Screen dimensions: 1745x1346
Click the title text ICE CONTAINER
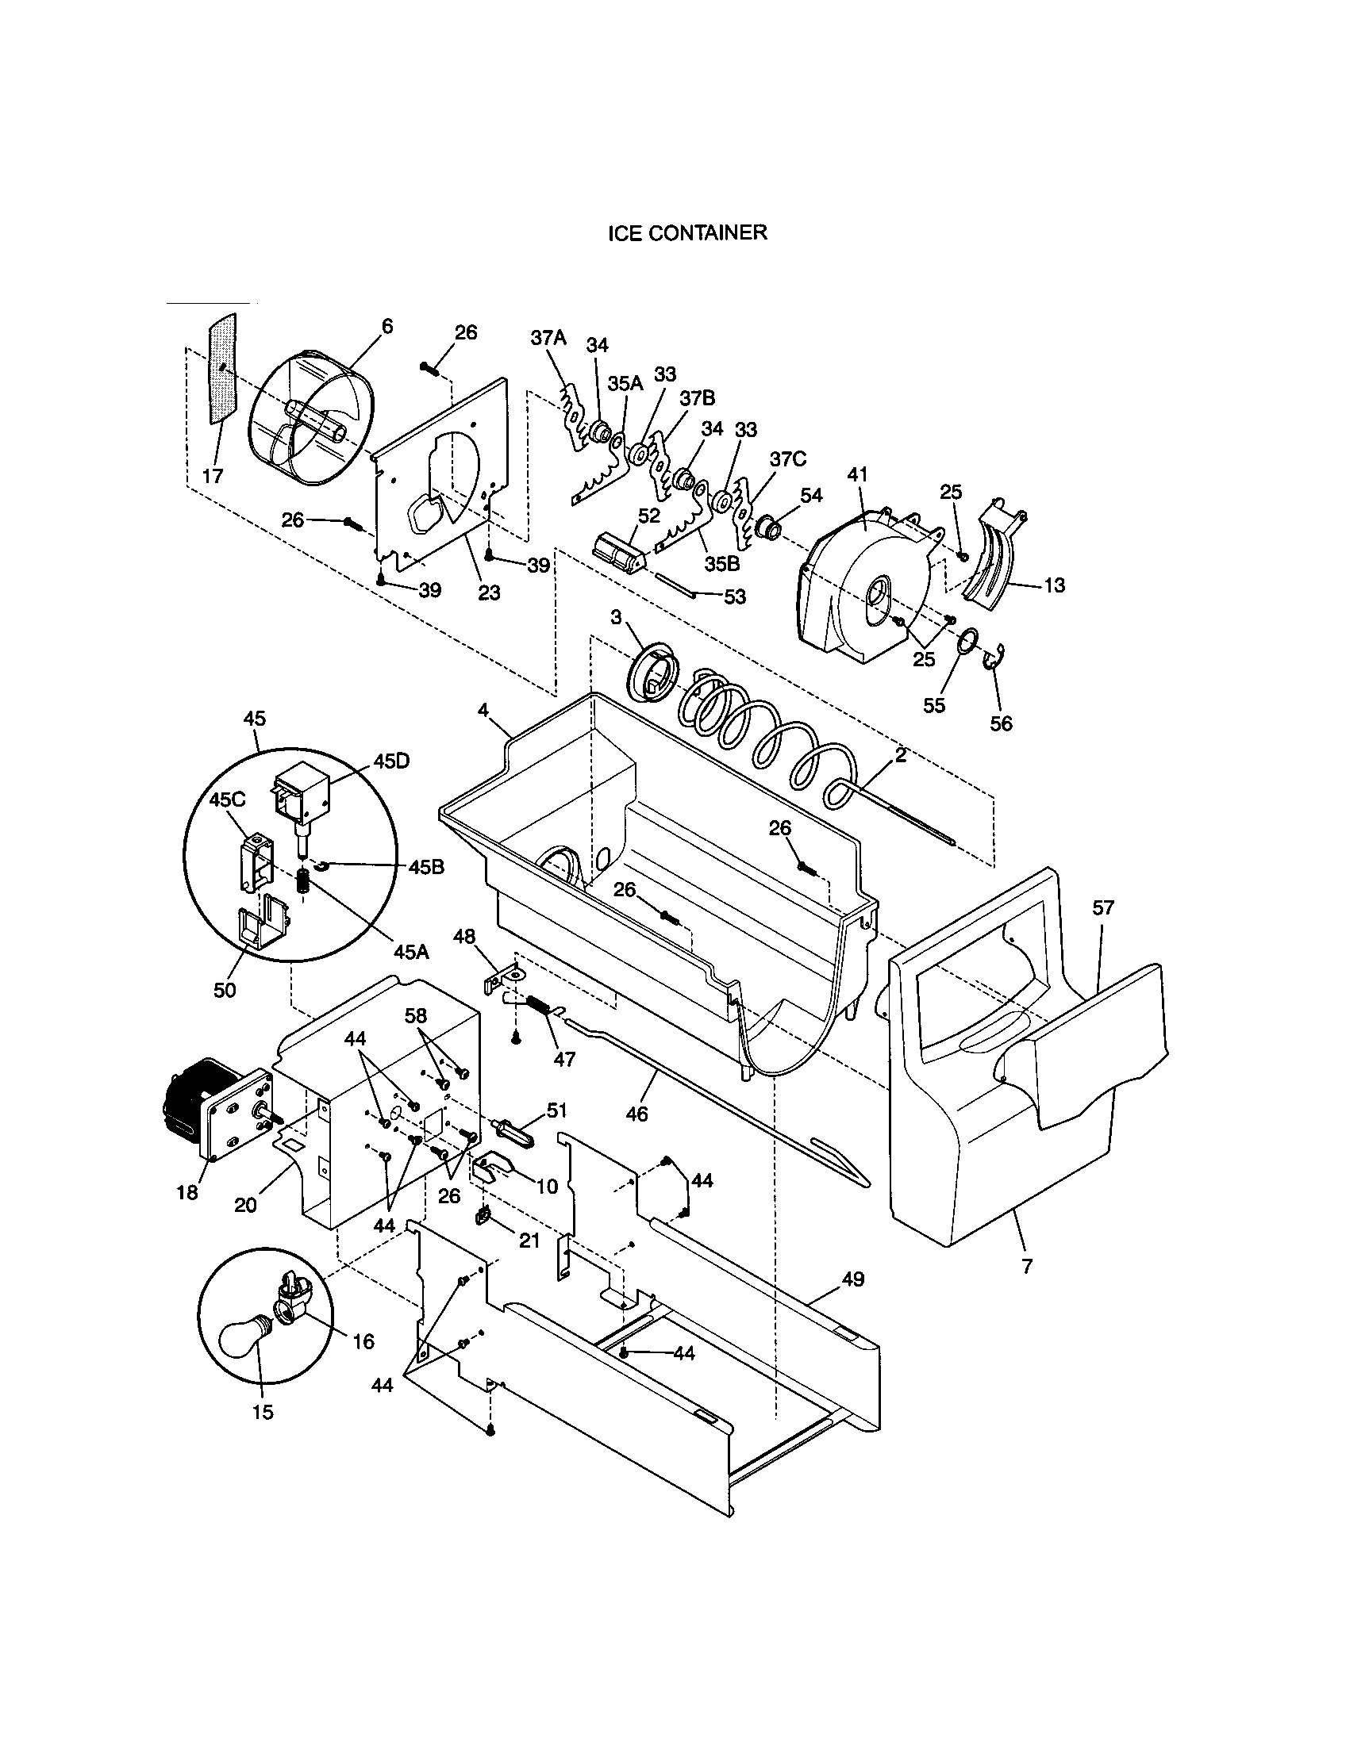click(686, 232)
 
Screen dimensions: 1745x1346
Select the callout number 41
click(857, 474)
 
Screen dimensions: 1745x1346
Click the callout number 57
click(1103, 907)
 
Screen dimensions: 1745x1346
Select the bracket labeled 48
click(502, 980)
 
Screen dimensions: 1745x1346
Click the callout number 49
click(852, 1279)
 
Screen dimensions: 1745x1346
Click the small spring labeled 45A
click(303, 881)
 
